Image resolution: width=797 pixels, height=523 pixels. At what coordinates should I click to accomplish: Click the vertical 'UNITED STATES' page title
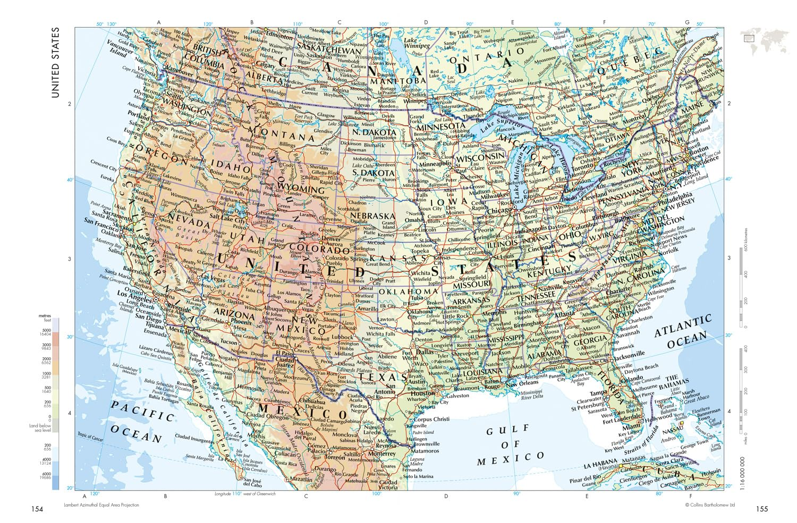pos(55,63)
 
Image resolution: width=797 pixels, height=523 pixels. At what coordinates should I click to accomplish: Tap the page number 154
pos(37,509)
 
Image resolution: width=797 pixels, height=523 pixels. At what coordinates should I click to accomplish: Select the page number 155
pos(761,509)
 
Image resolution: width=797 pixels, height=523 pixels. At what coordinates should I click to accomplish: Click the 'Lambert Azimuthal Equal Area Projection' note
pos(101,505)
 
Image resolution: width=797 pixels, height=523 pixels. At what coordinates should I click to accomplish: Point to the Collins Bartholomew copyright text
pos(709,505)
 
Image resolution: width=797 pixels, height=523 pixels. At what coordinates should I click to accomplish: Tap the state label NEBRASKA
pos(372,216)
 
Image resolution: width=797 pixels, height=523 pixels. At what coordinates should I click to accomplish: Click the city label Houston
pos(422,393)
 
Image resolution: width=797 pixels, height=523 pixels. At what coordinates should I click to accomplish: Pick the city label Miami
pos(631,426)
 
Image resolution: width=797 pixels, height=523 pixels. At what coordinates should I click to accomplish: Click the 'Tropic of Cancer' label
pos(90,436)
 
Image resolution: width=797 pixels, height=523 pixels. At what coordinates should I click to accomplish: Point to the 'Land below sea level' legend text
pos(40,428)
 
